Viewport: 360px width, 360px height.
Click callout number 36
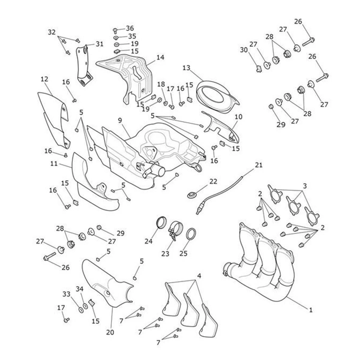click(x=130, y=28)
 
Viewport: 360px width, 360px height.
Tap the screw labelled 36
click(x=115, y=30)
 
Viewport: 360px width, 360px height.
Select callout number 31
click(x=99, y=44)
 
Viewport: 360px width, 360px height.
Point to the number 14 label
click(x=160, y=57)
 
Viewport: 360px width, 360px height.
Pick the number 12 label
click(x=44, y=79)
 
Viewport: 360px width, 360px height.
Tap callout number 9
click(x=120, y=121)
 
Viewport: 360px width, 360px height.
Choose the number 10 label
click(x=238, y=117)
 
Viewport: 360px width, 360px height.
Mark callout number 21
click(x=259, y=165)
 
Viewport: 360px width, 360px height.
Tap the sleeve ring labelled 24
click(x=162, y=223)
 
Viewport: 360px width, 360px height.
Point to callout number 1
click(x=310, y=310)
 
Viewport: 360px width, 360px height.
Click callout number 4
click(x=199, y=276)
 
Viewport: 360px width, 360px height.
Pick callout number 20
click(x=110, y=332)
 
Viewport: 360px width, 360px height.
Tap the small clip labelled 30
click(x=259, y=69)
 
